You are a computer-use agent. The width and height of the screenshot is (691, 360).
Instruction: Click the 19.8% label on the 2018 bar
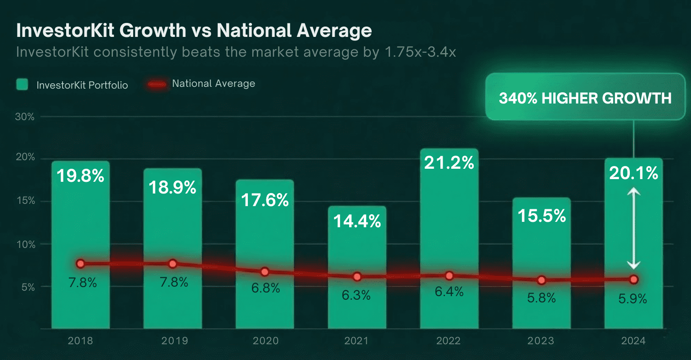pyautogui.click(x=81, y=176)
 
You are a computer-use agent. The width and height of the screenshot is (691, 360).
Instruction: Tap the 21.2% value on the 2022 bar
pyautogui.click(x=449, y=162)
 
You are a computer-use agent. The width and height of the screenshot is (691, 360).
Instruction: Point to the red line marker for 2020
pyautogui.click(x=265, y=272)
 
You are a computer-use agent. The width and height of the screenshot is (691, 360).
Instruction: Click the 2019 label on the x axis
pyautogui.click(x=174, y=341)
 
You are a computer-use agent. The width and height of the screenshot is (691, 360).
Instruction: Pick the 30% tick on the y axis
pyautogui.click(x=25, y=117)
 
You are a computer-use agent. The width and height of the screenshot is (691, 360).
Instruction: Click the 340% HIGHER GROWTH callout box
pyautogui.click(x=585, y=98)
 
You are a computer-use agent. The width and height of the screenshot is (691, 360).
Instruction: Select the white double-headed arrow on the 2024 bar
pyautogui.click(x=633, y=229)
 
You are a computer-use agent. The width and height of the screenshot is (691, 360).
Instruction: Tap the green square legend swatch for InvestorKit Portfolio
pyautogui.click(x=22, y=84)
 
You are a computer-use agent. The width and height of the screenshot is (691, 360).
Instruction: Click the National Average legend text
pyautogui.click(x=213, y=84)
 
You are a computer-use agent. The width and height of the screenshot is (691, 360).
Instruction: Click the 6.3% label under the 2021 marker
pyautogui.click(x=356, y=295)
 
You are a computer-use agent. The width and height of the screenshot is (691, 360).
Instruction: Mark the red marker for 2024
pyautogui.click(x=633, y=279)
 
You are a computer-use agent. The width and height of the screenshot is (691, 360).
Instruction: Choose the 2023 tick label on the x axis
pyautogui.click(x=541, y=341)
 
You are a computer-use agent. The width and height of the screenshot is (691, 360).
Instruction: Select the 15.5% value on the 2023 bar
pyautogui.click(x=541, y=216)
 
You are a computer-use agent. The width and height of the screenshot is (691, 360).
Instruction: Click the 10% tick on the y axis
pyautogui.click(x=25, y=245)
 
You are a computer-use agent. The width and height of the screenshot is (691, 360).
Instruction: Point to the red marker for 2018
pyautogui.click(x=81, y=264)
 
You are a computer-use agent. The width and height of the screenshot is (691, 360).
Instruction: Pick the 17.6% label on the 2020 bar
pyautogui.click(x=265, y=200)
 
